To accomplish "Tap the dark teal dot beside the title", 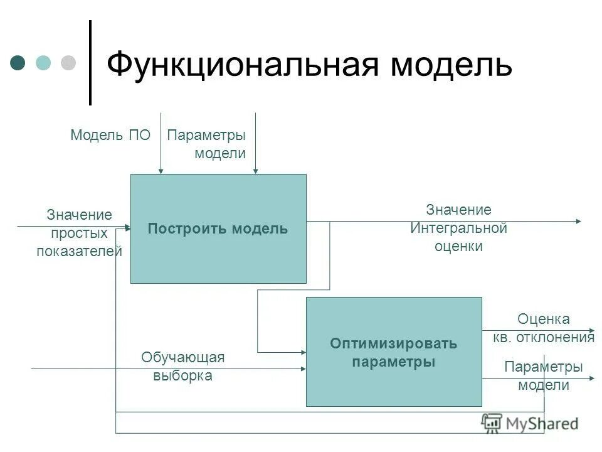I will (18, 63).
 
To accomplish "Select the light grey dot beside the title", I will (68, 63).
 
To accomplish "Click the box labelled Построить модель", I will (218, 229).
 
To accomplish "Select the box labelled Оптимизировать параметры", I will (394, 352).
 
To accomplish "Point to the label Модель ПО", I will (110, 135).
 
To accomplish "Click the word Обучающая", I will (182, 358).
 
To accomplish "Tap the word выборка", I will (182, 376).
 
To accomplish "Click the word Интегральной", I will (458, 228).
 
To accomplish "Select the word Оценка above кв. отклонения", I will (543, 320).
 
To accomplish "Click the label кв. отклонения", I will (543, 338).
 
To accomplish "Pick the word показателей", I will (79, 252).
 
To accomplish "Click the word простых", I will (79, 234).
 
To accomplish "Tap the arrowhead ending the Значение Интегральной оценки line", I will (578, 221).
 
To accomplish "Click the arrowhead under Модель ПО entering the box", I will (161, 170).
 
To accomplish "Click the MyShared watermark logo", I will (530, 424).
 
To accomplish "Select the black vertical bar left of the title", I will (90, 63).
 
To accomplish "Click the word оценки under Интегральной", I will (458, 246).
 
